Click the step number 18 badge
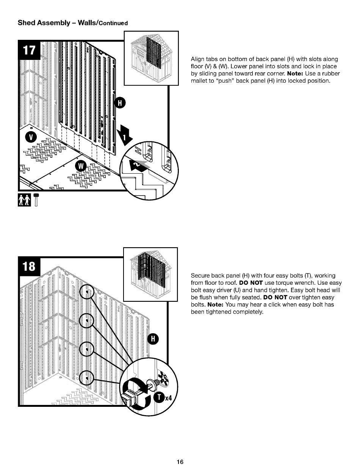tap(30, 267)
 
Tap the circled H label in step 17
tap(120, 103)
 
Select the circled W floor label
tap(81, 166)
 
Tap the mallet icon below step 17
tap(36, 199)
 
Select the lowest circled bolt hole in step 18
tap(87, 378)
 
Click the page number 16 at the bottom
tap(180, 462)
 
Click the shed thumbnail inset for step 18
tap(150, 274)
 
